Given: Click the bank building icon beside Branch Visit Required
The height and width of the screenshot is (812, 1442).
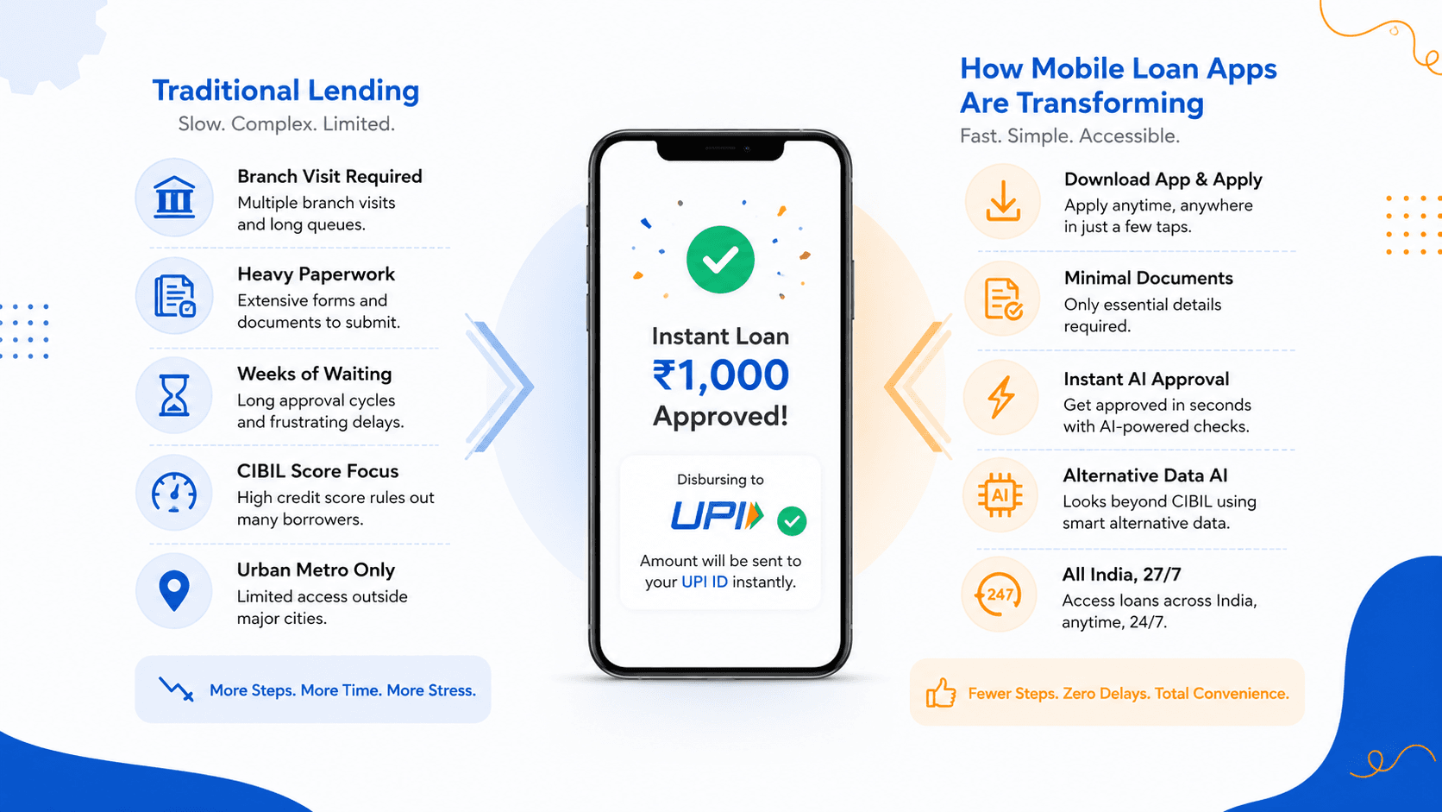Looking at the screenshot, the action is pos(174,197).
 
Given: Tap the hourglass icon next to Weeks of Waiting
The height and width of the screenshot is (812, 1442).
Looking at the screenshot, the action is pos(174,394).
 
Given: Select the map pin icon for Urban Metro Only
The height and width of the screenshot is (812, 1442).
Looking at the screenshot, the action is pos(174,590).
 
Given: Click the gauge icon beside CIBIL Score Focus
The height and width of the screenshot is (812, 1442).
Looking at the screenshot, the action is pos(174,493).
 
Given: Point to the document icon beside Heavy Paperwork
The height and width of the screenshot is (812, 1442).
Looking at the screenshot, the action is pos(174,296).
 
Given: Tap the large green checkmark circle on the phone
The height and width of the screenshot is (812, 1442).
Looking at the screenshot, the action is pos(720,260).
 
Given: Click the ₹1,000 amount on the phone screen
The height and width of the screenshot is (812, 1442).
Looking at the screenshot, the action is pos(720,375).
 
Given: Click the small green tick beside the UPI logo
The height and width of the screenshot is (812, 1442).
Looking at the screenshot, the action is pos(792,521).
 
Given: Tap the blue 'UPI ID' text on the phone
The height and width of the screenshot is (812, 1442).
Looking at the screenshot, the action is pos(705,582).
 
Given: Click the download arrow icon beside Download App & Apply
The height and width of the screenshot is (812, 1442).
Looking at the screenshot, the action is pos(1002,201).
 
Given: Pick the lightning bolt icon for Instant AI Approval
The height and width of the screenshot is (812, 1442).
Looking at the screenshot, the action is pos(1001,397).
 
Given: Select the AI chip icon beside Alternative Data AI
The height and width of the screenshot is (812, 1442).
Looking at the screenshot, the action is pos(1000,495).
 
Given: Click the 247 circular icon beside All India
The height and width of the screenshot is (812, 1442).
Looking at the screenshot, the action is pos(999,595).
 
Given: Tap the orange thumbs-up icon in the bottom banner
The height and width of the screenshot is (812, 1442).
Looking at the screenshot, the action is pos(941,693).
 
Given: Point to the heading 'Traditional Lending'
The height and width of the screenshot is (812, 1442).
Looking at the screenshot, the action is pos(285,90).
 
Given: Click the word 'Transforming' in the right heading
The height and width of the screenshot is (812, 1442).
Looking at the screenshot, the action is pos(1110,103).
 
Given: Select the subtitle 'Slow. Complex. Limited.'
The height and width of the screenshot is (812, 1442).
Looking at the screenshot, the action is pos(286,123).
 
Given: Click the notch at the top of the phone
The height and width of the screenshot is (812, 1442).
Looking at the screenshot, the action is pos(720,149).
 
